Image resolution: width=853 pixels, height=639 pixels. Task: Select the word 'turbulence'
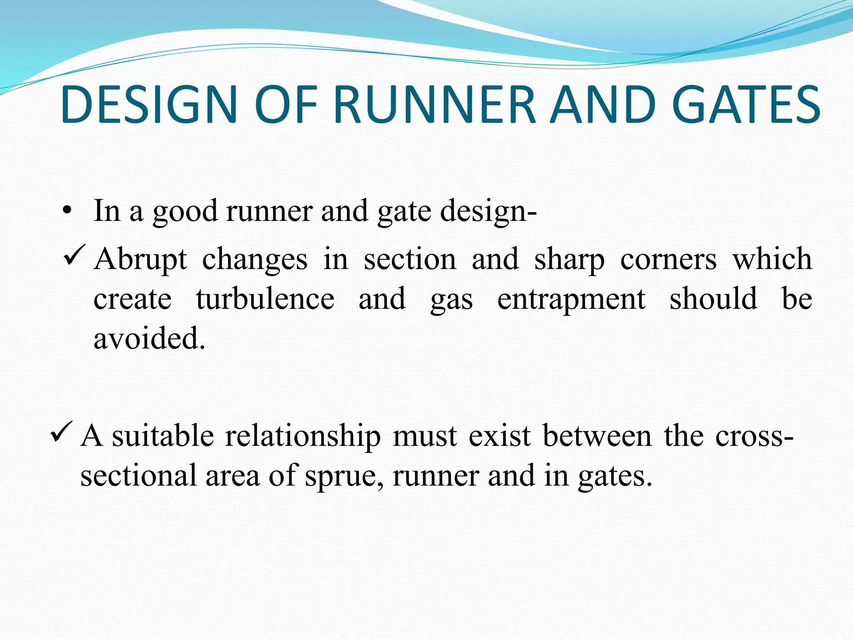point(265,299)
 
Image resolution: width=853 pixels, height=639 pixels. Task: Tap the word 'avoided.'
point(149,338)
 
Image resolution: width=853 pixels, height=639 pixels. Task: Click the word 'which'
point(772,259)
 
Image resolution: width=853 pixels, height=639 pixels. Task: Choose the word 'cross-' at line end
point(754,437)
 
